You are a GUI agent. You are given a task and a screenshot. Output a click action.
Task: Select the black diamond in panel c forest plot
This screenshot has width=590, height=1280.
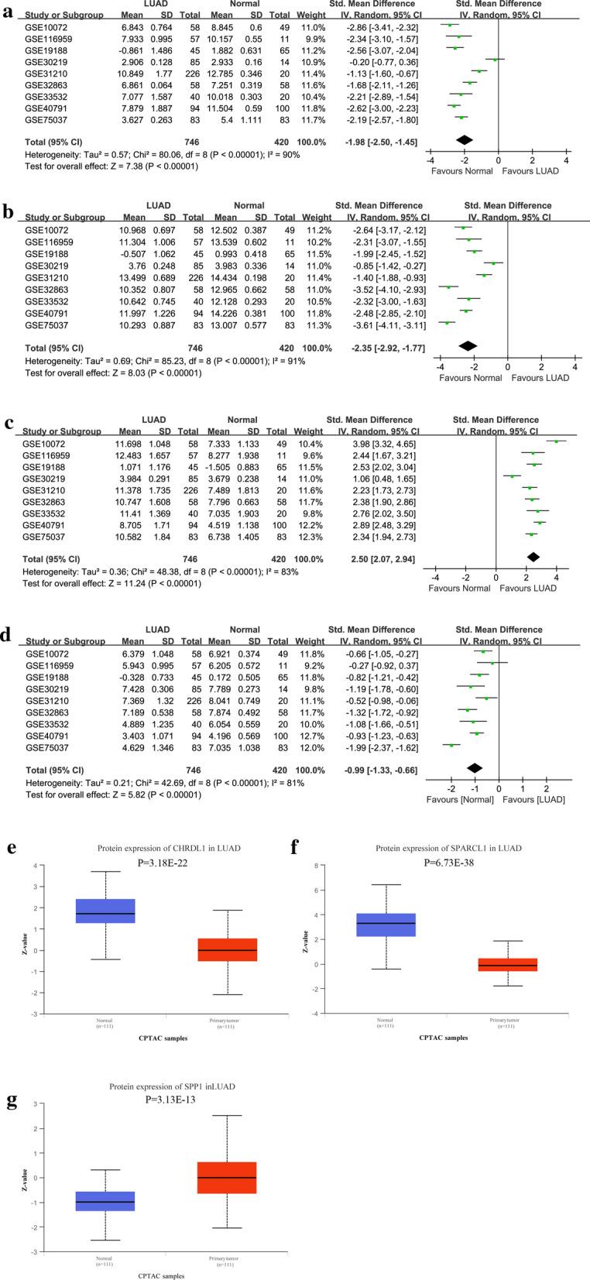pos(533,558)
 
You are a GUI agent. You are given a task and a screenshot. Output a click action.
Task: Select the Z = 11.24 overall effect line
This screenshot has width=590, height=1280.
pos(113,582)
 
